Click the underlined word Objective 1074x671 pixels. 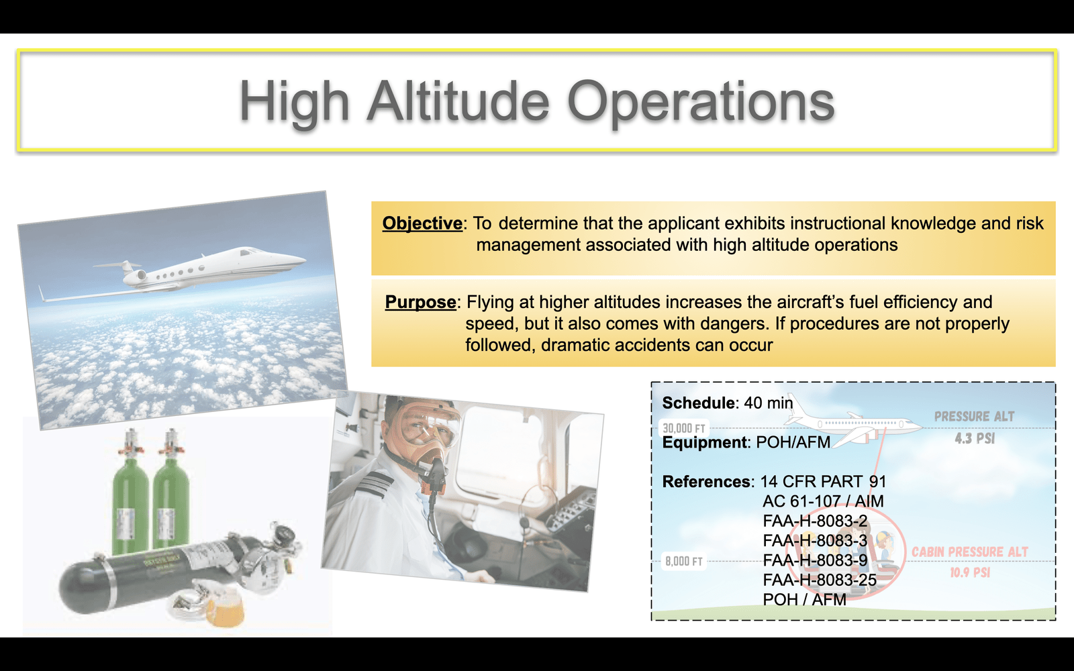point(422,223)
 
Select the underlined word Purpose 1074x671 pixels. point(420,302)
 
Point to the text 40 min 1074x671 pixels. point(768,403)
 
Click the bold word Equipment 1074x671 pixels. point(704,442)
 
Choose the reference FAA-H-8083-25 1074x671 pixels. point(820,580)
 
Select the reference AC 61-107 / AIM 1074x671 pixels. point(823,501)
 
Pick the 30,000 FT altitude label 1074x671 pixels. point(684,428)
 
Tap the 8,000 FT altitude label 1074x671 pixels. point(684,561)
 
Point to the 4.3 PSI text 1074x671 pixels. point(975,438)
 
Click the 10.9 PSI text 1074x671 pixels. point(970,572)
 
